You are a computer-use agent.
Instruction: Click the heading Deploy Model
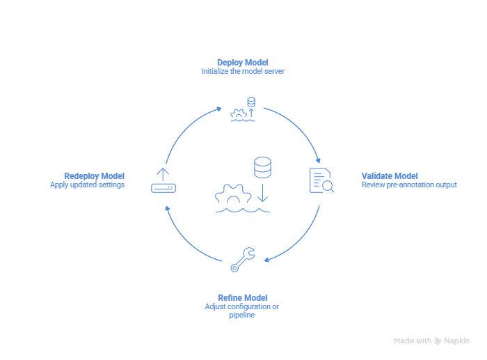click(243, 62)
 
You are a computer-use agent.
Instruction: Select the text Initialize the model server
click(243, 71)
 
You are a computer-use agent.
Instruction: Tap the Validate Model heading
click(390, 175)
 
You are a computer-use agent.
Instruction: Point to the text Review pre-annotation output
click(409, 185)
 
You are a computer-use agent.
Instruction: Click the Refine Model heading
click(243, 297)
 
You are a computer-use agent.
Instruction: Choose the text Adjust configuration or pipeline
click(243, 311)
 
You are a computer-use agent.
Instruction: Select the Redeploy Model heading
click(94, 175)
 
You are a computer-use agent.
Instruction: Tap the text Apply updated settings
click(87, 185)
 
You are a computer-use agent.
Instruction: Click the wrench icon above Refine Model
click(243, 259)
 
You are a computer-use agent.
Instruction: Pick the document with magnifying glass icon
click(321, 180)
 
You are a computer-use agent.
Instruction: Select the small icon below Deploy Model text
click(243, 109)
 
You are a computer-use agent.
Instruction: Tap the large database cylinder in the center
click(262, 167)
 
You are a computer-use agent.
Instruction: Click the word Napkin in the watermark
click(456, 341)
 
